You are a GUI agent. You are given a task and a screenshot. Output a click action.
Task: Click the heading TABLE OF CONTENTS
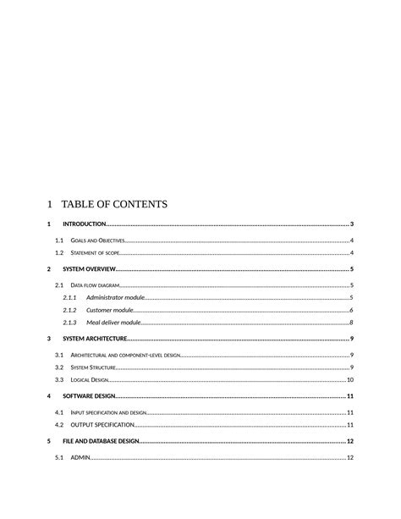(114, 204)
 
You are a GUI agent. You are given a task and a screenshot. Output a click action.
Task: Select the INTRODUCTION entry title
(85, 224)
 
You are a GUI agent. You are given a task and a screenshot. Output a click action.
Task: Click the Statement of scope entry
(96, 253)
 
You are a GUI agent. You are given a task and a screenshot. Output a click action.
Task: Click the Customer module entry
(110, 311)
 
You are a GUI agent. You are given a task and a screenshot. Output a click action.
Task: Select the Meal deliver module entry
(113, 323)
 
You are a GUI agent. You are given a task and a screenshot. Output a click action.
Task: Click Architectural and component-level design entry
(125, 356)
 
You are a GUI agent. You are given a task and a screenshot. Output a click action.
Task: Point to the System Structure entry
(93, 367)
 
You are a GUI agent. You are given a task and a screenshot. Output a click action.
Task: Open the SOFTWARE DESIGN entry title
(88, 396)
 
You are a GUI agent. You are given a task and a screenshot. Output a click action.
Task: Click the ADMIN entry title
(80, 458)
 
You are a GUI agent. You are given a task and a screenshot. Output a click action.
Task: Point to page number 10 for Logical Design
(349, 380)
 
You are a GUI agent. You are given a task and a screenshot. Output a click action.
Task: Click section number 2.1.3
(70, 323)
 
